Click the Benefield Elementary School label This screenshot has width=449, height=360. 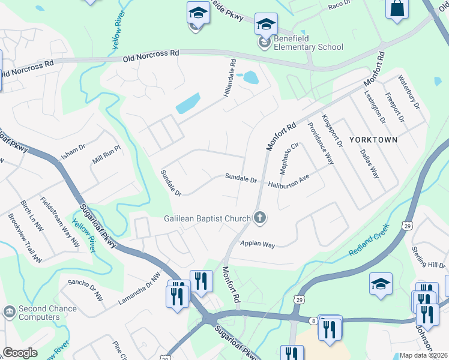(308, 43)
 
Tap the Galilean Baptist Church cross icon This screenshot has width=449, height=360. (260, 218)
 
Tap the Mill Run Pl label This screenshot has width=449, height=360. (107, 159)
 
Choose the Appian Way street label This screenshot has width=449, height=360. (257, 244)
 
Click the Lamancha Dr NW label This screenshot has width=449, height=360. (139, 288)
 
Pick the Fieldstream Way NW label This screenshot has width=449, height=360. (60, 221)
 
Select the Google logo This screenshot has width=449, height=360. (20, 353)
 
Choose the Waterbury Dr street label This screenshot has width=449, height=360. (409, 97)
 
